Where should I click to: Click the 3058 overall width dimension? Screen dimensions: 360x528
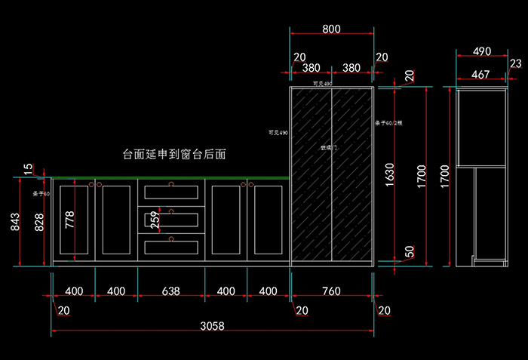tap(212, 326)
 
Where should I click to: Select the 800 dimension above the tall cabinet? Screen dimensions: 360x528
tap(331, 29)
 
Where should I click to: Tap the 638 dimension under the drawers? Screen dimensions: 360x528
tap(170, 291)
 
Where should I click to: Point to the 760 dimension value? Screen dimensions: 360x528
tap(330, 291)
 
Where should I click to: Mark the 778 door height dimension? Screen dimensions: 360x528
tap(70, 220)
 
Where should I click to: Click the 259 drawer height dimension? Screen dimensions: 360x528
tap(155, 220)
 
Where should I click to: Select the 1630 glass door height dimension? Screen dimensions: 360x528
tap(389, 174)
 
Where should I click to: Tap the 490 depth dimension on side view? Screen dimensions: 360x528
tap(482, 52)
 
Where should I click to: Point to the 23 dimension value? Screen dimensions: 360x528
tap(514, 64)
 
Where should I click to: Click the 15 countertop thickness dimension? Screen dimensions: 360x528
tap(28, 169)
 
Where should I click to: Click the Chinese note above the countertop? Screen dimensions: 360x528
tap(175, 154)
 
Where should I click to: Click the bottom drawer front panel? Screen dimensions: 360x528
tap(171, 246)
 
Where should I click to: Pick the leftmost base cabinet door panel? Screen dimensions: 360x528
tap(73, 219)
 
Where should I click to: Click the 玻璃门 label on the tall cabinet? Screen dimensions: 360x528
tap(330, 149)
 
